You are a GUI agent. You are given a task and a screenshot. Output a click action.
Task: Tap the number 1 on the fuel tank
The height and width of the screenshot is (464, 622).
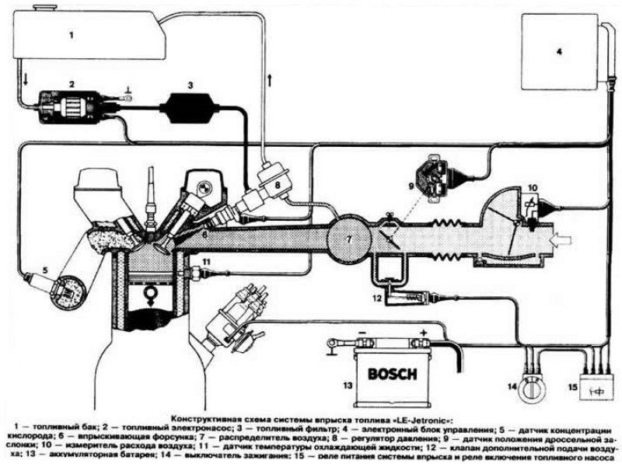click(x=71, y=35)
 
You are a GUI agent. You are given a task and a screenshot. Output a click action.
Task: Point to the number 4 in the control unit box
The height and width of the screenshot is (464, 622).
click(x=557, y=53)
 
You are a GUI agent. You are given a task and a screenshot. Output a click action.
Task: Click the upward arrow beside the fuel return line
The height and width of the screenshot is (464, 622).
click(x=270, y=78)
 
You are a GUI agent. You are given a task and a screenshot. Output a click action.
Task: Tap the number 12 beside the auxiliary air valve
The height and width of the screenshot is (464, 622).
click(x=375, y=297)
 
